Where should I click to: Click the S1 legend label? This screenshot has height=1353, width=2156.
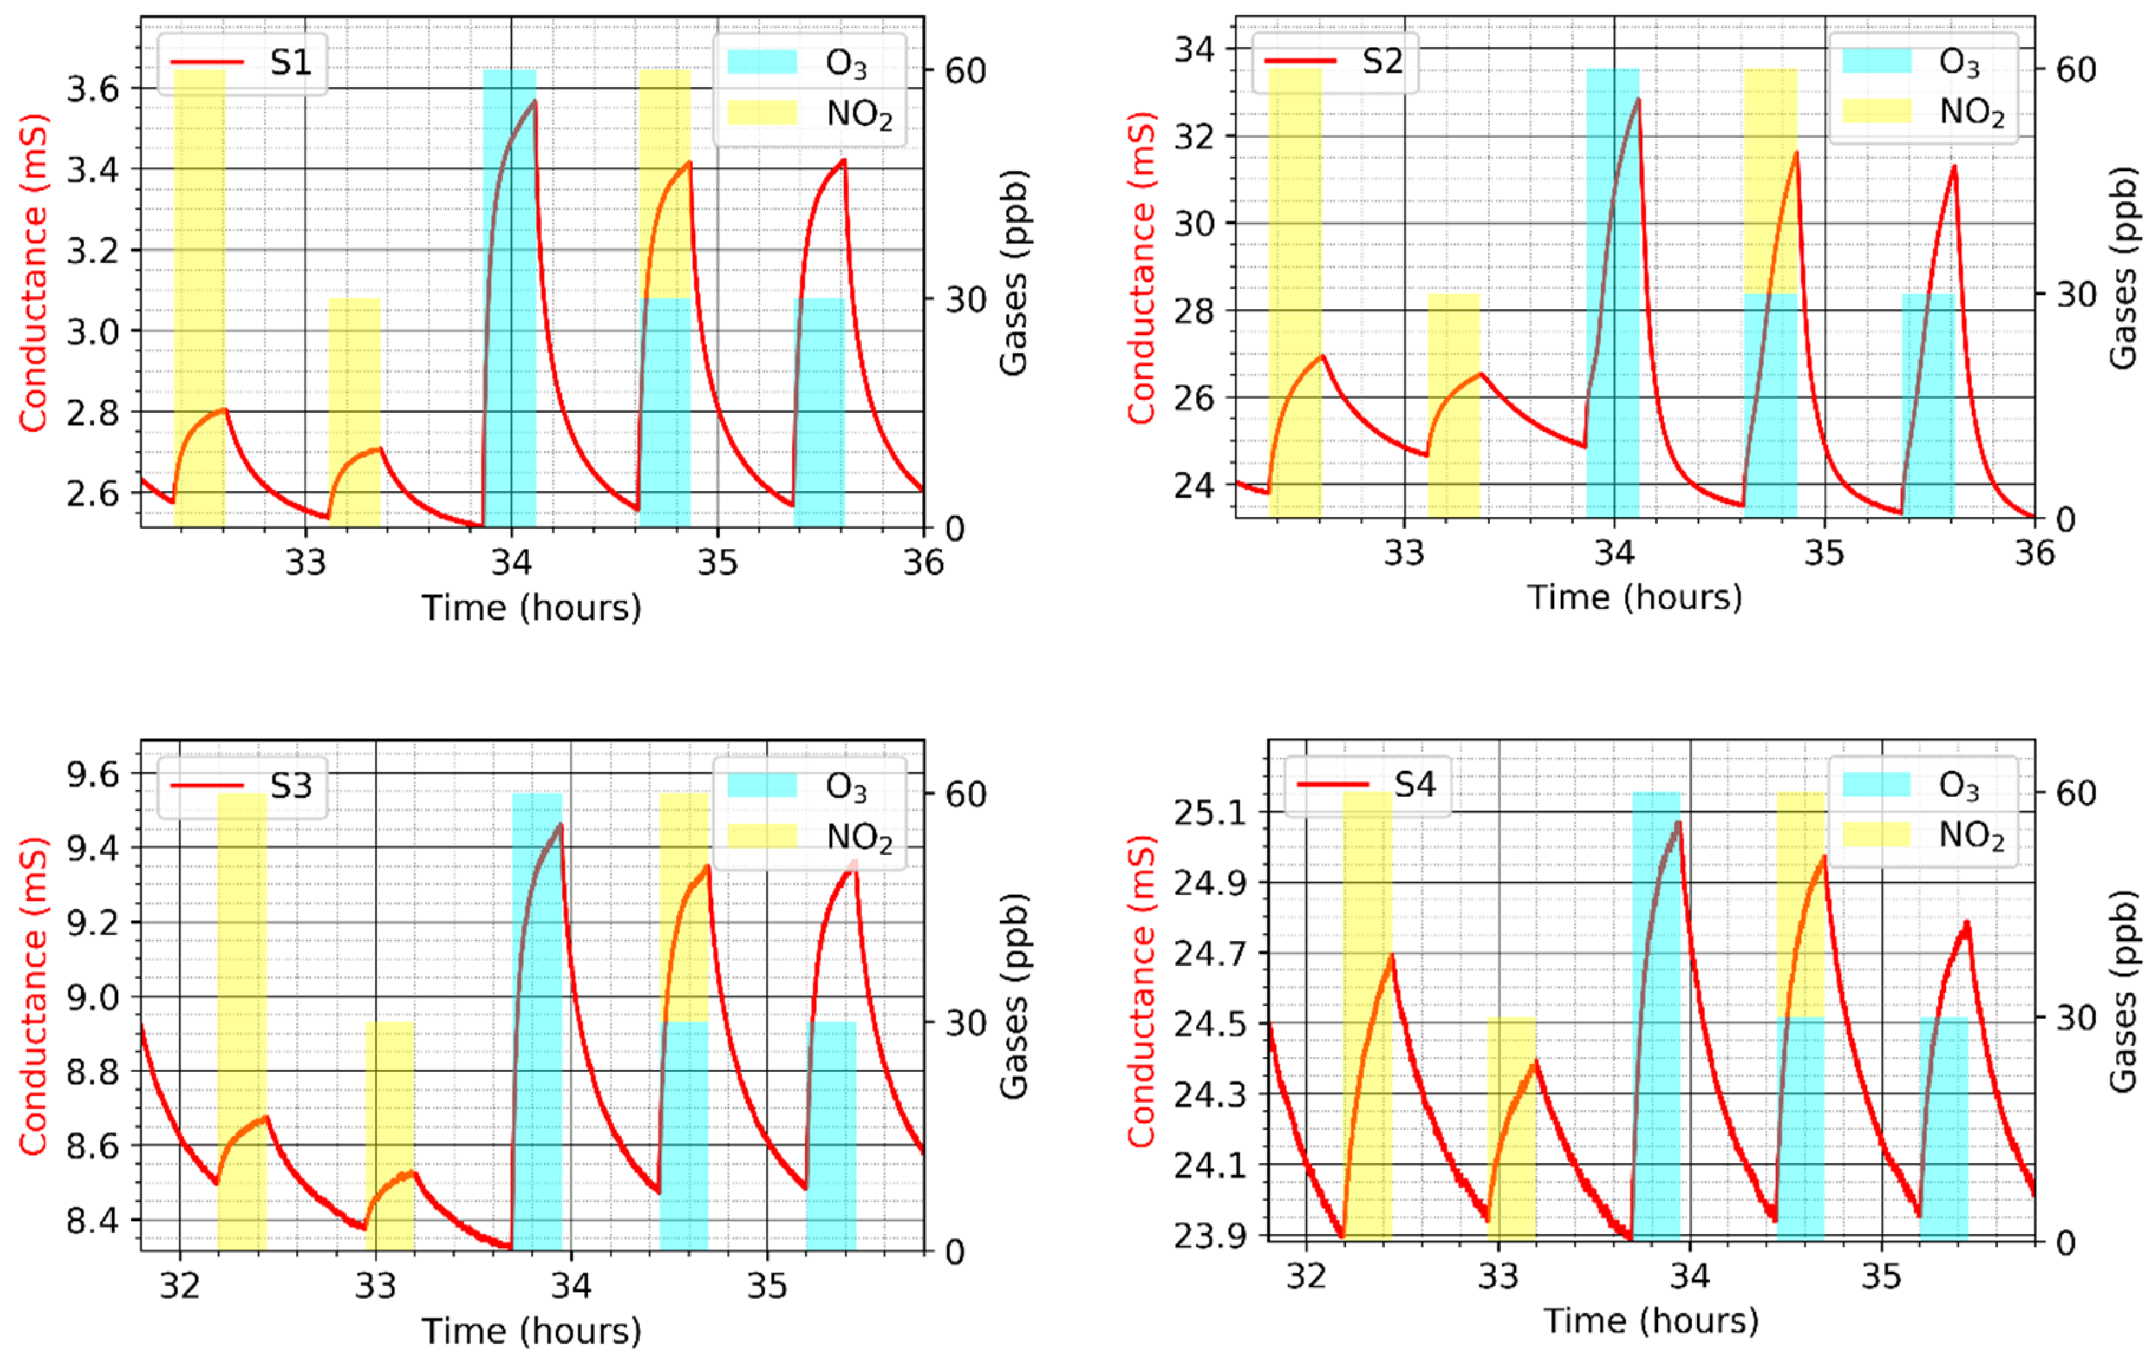(291, 63)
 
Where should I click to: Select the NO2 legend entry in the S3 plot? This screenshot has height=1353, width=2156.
(859, 837)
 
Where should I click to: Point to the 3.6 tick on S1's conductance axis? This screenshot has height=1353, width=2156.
(92, 89)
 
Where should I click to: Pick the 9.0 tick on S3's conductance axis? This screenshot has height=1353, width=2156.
(92, 997)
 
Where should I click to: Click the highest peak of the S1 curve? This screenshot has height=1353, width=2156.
(534, 101)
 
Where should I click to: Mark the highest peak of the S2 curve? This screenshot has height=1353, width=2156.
(1638, 99)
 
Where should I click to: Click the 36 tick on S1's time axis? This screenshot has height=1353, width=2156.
(923, 562)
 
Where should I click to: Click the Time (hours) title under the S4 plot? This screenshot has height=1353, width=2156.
(1651, 1321)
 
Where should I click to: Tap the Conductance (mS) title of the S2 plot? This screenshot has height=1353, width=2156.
(1141, 269)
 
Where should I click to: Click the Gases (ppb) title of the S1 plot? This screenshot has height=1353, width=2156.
(1013, 273)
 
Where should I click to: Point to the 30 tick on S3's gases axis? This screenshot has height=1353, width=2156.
(966, 1023)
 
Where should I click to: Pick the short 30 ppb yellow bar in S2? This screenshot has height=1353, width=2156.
(1454, 405)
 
